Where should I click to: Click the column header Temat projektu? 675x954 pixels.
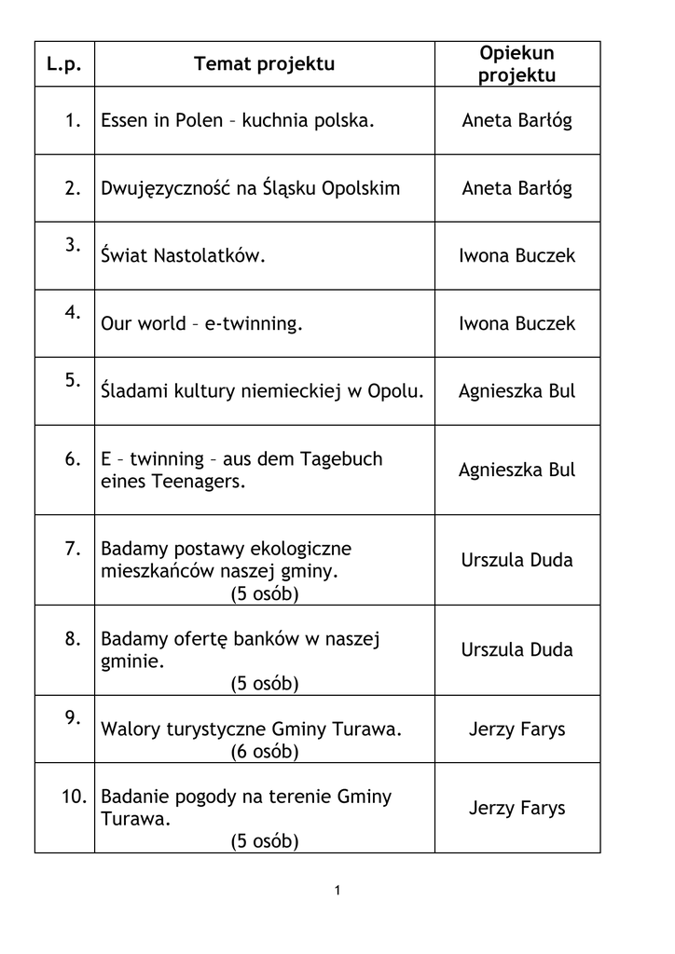pos(264,64)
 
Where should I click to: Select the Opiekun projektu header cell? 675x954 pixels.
pos(517,64)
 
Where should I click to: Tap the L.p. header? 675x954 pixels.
pos(64,64)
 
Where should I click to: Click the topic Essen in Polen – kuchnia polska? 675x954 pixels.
pos(237,121)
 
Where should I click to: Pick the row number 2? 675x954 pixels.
pos(74,188)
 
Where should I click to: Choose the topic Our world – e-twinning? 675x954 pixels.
pos(202,324)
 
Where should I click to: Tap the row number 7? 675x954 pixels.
pos(74,549)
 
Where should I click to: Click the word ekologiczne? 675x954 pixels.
pos(298,549)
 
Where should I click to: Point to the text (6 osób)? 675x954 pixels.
pos(265,752)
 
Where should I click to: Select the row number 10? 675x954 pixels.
pos(74,797)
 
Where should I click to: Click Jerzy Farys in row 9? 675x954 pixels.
pos(517,729)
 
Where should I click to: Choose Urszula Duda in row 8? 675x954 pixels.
pos(517,650)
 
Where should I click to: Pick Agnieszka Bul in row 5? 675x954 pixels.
pos(517,391)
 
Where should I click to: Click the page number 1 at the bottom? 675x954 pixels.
pos(337,892)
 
